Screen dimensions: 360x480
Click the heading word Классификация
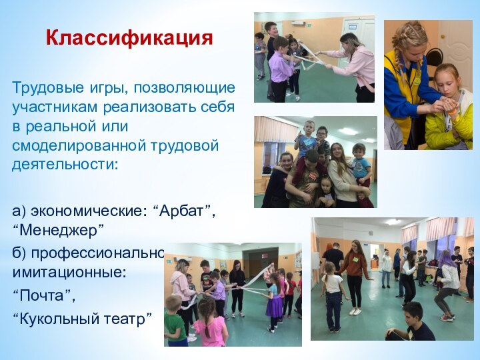click(x=129, y=37)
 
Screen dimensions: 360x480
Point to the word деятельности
click(x=63, y=163)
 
